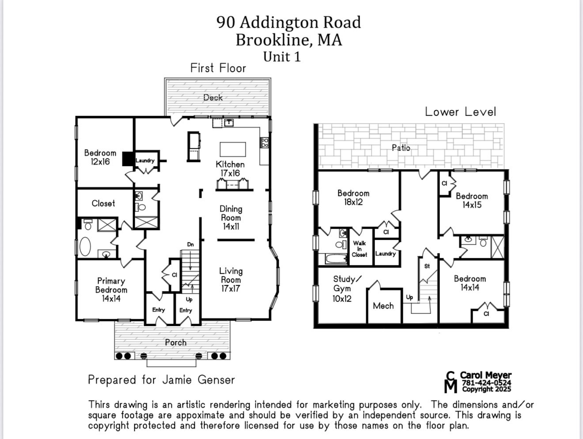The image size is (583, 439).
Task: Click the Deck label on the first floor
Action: click(213, 98)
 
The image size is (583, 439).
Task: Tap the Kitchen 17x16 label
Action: click(230, 169)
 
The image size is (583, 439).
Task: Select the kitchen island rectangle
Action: click(233, 149)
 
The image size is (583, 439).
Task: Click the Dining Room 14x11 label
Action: click(231, 218)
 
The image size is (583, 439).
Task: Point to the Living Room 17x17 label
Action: click(231, 280)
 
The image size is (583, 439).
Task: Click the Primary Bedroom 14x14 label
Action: click(111, 290)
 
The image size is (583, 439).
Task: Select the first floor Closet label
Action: click(103, 204)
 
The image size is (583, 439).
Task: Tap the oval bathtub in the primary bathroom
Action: click(85, 246)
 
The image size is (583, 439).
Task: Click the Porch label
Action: click(176, 342)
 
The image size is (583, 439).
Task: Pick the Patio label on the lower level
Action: click(401, 148)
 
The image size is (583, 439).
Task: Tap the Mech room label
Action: click(383, 306)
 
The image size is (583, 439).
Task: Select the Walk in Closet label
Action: click(359, 249)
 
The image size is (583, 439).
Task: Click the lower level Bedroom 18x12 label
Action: click(353, 197)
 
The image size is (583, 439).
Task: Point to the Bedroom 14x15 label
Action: click(472, 201)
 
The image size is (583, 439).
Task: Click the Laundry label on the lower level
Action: click(385, 254)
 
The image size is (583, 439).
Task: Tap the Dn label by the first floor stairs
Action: click(190, 244)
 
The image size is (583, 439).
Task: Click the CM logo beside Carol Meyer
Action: click(450, 382)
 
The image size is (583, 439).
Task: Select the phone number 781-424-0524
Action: click(486, 383)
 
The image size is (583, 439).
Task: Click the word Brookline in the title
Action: click(274, 40)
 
